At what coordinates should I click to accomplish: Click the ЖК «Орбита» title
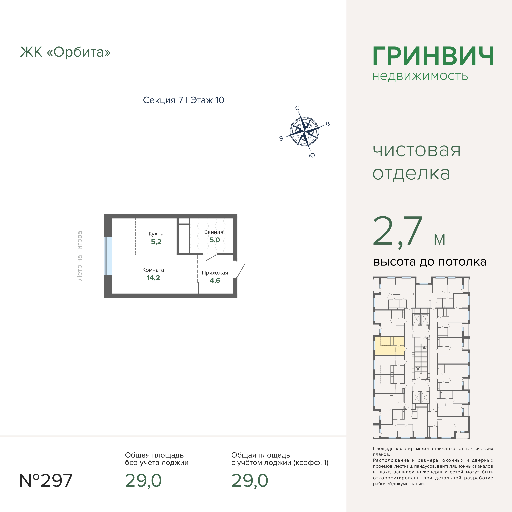point(65,52)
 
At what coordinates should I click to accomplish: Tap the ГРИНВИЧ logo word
point(433,56)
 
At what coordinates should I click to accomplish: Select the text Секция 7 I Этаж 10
point(183,100)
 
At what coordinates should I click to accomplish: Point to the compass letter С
point(297,108)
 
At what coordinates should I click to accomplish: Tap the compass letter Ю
point(312,156)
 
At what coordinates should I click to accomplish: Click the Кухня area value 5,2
point(156,242)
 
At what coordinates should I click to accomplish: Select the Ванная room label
point(214,232)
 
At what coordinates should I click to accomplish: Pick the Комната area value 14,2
point(153,278)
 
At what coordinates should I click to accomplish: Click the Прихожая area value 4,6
point(215,280)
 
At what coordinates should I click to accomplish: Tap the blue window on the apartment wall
point(108,256)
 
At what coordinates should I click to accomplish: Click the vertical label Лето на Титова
point(79,256)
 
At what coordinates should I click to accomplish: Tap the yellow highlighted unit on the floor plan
point(389,346)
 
